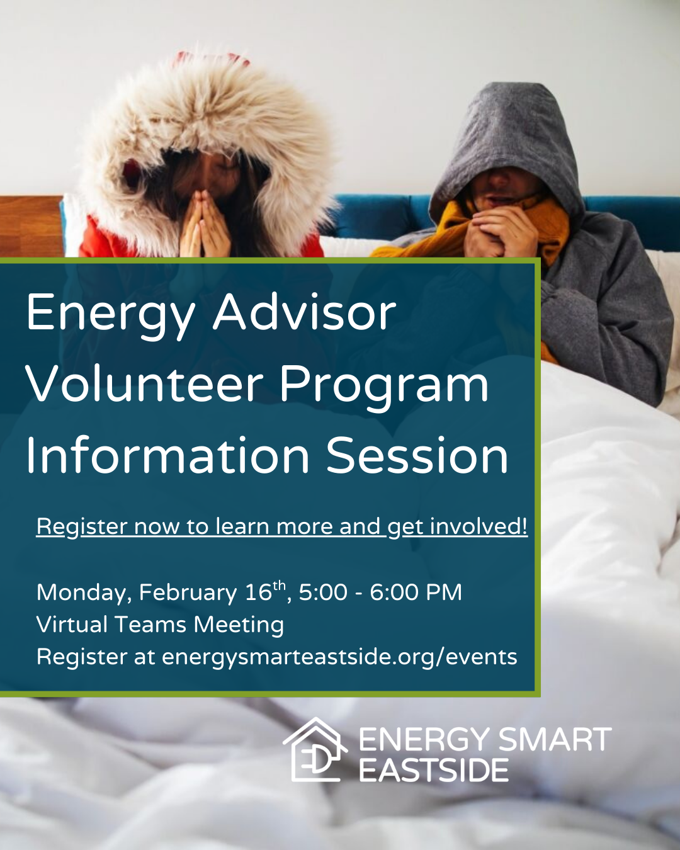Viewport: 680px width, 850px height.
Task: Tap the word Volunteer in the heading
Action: tap(144, 384)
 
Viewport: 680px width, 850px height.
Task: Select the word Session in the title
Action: tap(417, 455)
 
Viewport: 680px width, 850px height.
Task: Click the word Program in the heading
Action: tap(383, 385)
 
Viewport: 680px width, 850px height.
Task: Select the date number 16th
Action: tap(265, 591)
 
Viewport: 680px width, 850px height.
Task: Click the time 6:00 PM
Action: tap(416, 592)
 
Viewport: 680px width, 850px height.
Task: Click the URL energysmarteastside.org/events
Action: tap(339, 657)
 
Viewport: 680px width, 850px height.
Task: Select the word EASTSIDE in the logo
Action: tap(434, 771)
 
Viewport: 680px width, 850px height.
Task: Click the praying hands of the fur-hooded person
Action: tap(205, 224)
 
